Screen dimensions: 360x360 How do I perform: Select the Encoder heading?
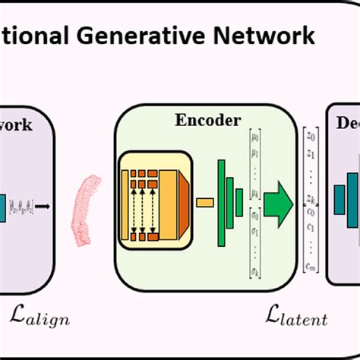pos(208,120)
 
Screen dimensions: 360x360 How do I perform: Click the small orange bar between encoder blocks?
pos(204,203)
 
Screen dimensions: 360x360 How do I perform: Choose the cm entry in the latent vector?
pos(310,264)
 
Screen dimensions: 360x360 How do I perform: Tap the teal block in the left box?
pos(3,204)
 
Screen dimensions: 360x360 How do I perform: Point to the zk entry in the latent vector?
pos(310,200)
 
